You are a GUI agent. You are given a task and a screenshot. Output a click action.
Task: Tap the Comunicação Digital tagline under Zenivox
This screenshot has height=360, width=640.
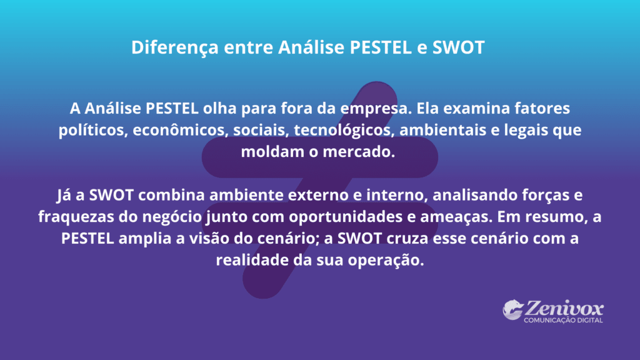(563, 321)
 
